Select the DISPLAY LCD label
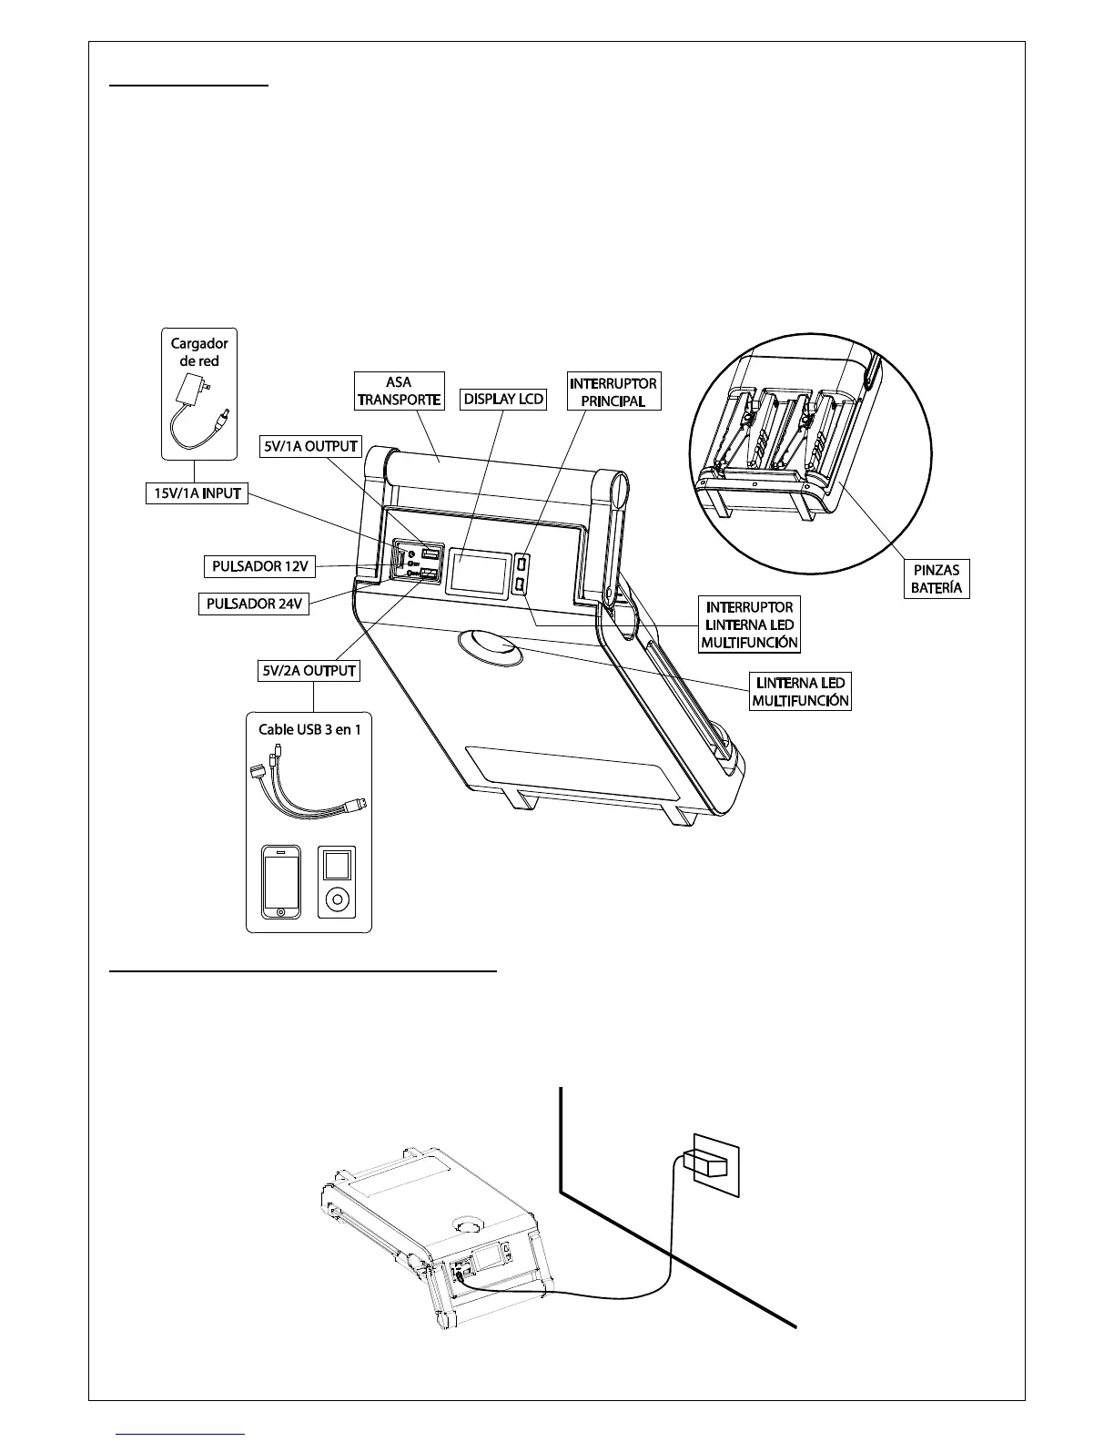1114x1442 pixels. [x=503, y=400]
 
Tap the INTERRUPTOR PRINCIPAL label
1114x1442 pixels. [x=613, y=391]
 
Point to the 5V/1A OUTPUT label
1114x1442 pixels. [x=311, y=447]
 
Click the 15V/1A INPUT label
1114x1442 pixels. [x=196, y=493]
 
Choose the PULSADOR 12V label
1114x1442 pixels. [x=259, y=566]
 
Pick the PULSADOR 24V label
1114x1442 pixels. [x=253, y=604]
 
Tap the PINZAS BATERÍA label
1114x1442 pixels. [x=937, y=579]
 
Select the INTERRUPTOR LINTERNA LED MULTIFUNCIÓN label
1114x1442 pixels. [x=749, y=625]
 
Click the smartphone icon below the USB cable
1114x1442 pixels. [x=281, y=882]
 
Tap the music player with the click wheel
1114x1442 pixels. [x=337, y=882]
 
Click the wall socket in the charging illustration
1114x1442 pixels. [x=715, y=1163]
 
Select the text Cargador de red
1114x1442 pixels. [x=199, y=351]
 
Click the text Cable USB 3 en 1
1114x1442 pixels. [x=309, y=729]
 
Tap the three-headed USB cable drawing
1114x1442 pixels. [x=305, y=783]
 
